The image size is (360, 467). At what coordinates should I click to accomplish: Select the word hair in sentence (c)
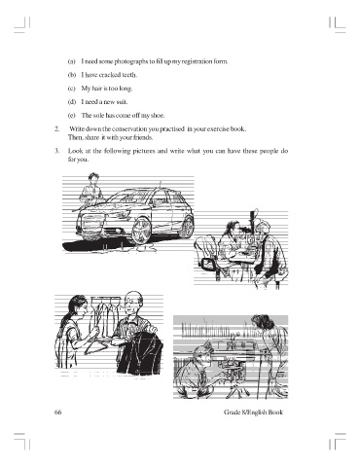point(97,89)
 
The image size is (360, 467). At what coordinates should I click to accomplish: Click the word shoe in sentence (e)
point(158,116)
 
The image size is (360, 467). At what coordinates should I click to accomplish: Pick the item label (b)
point(72,75)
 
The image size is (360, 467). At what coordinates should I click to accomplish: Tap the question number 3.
point(56,151)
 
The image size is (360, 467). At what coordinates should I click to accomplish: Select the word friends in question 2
point(144,137)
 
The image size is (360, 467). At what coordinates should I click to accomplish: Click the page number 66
point(58,413)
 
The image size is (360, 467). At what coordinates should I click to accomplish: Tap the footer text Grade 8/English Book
point(253,413)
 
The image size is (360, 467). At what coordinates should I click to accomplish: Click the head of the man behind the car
point(93,178)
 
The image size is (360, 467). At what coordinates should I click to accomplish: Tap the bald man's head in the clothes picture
point(133,300)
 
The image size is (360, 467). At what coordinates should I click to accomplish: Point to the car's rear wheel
point(188,225)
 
